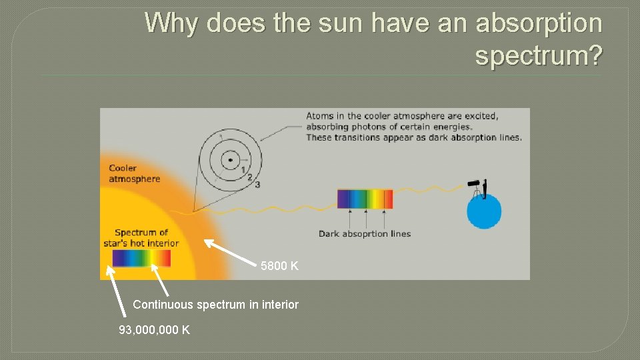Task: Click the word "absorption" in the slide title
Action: (538, 23)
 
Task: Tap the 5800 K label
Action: (279, 266)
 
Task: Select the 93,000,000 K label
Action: (154, 329)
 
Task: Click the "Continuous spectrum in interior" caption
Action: (215, 305)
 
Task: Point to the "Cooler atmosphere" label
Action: (135, 173)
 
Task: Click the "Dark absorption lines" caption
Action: (364, 233)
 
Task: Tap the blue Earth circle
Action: (483, 213)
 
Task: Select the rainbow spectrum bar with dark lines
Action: (365, 199)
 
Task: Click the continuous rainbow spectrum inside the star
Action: (141, 258)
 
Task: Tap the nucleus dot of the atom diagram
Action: (230, 159)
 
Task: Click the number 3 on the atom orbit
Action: (257, 184)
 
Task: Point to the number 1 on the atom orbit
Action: (243, 169)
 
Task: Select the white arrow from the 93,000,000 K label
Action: (116, 290)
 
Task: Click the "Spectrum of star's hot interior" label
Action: (141, 238)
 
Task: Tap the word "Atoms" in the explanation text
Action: (320, 116)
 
